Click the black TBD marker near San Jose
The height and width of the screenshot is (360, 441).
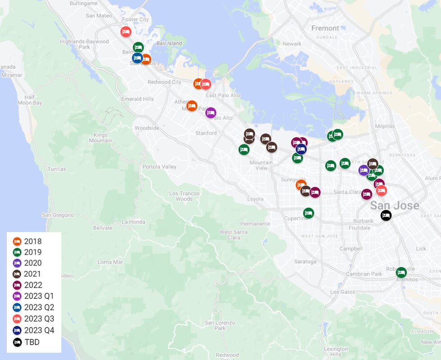(x=386, y=215)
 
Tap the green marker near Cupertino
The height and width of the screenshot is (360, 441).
(x=308, y=213)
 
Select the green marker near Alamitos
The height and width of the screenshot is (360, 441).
(x=401, y=272)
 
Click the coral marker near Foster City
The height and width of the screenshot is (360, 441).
(x=126, y=32)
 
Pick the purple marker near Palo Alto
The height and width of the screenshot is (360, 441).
(x=211, y=113)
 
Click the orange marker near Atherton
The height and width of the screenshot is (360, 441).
(x=192, y=106)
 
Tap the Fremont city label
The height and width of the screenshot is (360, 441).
(x=325, y=28)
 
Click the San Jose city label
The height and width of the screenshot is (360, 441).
(x=394, y=206)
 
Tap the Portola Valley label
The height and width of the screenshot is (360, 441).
(x=159, y=167)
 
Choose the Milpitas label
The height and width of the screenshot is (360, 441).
(x=384, y=126)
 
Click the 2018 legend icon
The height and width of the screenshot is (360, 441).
(x=17, y=242)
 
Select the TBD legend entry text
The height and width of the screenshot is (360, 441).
(x=32, y=342)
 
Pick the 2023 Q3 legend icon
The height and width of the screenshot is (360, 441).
(x=17, y=319)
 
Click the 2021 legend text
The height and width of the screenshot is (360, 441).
(x=32, y=274)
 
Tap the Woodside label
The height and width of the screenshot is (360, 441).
(x=147, y=128)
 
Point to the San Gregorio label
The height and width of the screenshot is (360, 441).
(x=57, y=215)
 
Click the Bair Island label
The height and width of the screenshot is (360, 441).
(x=169, y=44)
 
